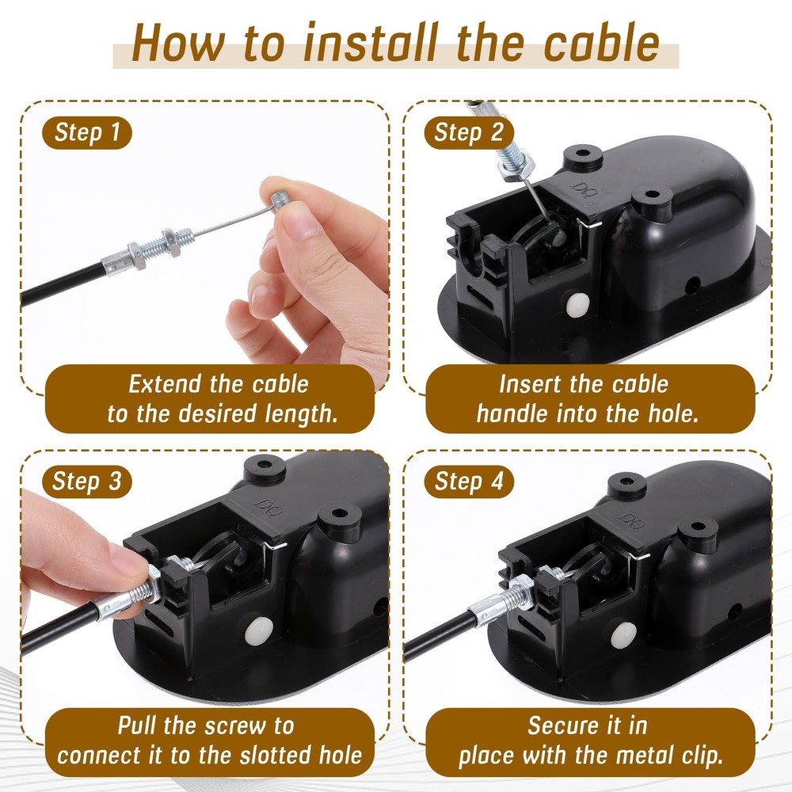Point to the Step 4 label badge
(469, 481)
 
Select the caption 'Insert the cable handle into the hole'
(587, 398)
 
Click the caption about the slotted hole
(208, 739)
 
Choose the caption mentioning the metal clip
(587, 739)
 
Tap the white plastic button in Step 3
(259, 630)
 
